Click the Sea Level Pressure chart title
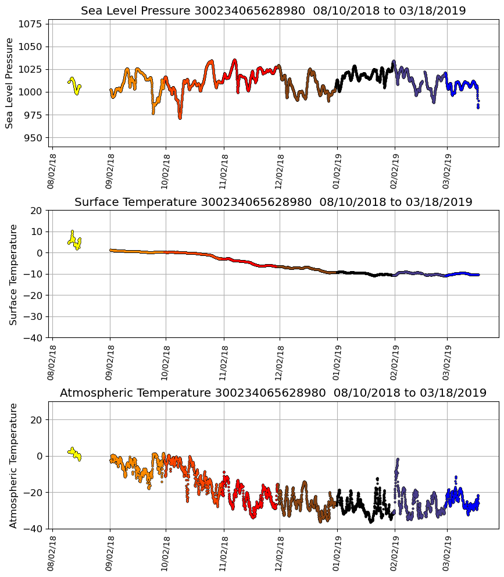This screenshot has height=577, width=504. tap(273, 11)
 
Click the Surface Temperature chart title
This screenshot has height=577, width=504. tap(273, 202)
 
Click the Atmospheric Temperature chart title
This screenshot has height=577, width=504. tap(273, 393)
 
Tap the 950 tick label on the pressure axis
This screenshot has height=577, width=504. tap(34, 137)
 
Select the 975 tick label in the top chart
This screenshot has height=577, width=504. tap(34, 115)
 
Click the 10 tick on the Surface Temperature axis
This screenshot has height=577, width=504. tap(36, 231)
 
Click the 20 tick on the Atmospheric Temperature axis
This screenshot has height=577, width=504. tap(36, 419)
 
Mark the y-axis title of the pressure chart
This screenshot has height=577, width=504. tap(10, 83)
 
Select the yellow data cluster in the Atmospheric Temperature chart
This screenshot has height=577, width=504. tap(74, 453)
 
